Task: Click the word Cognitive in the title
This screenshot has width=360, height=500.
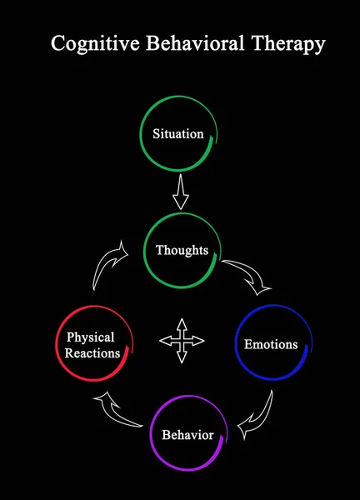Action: click(x=87, y=45)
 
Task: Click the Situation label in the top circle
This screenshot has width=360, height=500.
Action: click(x=177, y=133)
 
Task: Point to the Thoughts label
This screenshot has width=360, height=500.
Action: click(x=182, y=249)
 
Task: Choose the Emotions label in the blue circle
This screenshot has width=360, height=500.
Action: click(x=270, y=343)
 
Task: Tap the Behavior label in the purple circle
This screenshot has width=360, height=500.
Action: click(x=187, y=435)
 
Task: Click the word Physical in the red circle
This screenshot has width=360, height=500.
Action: click(x=90, y=337)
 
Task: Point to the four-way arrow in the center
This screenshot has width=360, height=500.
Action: click(x=181, y=340)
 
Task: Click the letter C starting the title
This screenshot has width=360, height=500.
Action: click(x=57, y=45)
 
